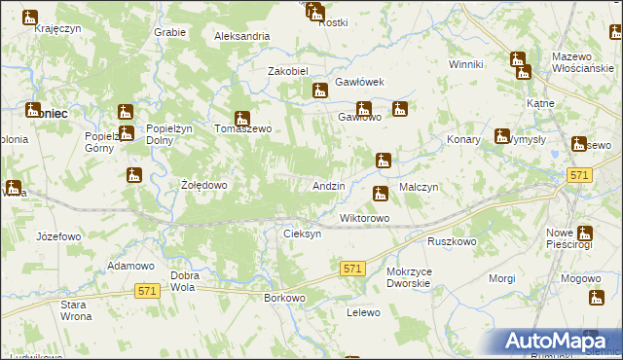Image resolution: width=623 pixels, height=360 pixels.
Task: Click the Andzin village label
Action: click(328, 186)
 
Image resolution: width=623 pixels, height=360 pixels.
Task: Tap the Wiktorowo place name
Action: click(364, 218)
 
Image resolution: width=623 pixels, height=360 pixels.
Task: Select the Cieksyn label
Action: click(302, 234)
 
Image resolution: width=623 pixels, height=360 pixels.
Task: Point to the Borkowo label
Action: click(285, 298)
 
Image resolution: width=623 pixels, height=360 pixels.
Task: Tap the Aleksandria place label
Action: click(242, 36)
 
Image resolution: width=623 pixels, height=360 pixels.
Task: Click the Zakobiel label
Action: click(288, 71)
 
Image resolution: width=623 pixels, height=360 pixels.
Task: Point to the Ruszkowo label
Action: click(451, 240)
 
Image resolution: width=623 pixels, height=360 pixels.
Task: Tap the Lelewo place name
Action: click(362, 313)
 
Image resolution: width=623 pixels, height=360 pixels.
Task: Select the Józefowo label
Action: click(57, 236)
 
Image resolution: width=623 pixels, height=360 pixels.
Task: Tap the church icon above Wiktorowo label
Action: click(381, 195)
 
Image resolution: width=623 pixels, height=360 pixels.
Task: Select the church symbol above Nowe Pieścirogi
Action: click(584, 234)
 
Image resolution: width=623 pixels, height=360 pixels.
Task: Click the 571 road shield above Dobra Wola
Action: click(148, 291)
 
